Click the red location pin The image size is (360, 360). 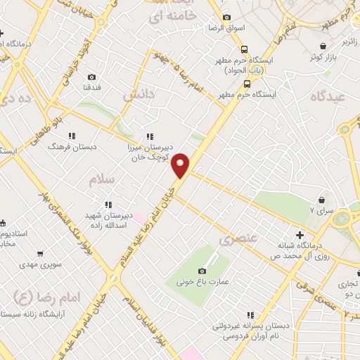pyautogui.click(x=181, y=165)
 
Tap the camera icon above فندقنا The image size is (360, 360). pyautogui.click(x=91, y=76)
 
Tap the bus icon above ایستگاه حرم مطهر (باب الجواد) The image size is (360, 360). pyautogui.click(x=244, y=49)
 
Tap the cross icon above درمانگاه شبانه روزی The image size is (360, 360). pyautogui.click(x=300, y=234)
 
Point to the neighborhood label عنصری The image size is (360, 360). pyautogui.click(x=234, y=240)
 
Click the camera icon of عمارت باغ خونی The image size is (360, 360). pyautogui.click(x=202, y=271)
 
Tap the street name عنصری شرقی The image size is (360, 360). pyautogui.click(x=308, y=288)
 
